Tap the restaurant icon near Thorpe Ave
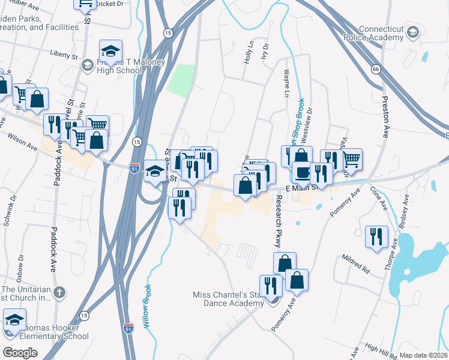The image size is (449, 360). pos(377,235)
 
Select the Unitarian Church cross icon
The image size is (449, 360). pos(59,293)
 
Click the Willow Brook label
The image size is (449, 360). pos(146,305)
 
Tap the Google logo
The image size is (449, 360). pos(20,352)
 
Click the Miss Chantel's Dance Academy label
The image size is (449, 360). pos(228,299)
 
